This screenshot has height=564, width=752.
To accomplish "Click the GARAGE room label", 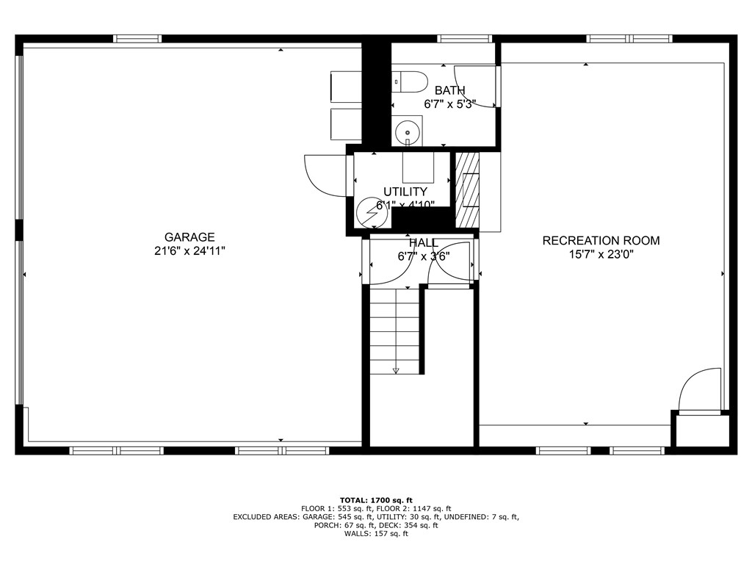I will pyautogui.click(x=189, y=237).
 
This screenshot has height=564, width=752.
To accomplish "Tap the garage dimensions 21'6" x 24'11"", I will pyautogui.click(x=189, y=250).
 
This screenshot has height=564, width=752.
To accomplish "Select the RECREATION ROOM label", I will pyautogui.click(x=601, y=240).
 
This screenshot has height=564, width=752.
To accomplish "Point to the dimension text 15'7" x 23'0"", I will pyautogui.click(x=601, y=254).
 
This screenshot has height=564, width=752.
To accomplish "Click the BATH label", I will pyautogui.click(x=449, y=90).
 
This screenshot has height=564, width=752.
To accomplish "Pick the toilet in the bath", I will pyautogui.click(x=408, y=82).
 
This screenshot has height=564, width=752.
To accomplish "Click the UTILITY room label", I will pyautogui.click(x=405, y=192).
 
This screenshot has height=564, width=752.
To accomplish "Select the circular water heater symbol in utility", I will pyautogui.click(x=369, y=212).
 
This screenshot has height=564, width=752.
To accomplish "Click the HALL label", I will pyautogui.click(x=424, y=243).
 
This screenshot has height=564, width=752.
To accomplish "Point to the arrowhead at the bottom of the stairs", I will pyautogui.click(x=396, y=370).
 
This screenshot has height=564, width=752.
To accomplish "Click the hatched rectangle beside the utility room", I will pyautogui.click(x=468, y=189).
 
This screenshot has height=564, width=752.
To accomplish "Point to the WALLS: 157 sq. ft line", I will pyautogui.click(x=376, y=534).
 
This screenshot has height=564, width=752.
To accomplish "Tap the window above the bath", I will pyautogui.click(x=464, y=38).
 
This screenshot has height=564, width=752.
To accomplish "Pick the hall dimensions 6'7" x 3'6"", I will pyautogui.click(x=424, y=256).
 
